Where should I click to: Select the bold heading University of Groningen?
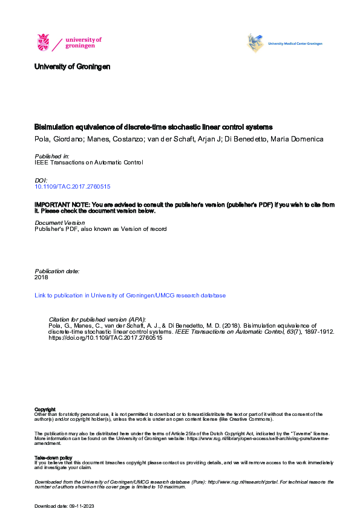click(x=72, y=66)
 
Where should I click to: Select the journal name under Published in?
click(x=89, y=163)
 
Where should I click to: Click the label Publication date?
click(x=57, y=271)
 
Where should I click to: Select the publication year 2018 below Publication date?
click(x=41, y=277)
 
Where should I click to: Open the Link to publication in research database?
click(x=130, y=296)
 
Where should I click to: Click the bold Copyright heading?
click(x=45, y=409)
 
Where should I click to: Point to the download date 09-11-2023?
click(x=80, y=505)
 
